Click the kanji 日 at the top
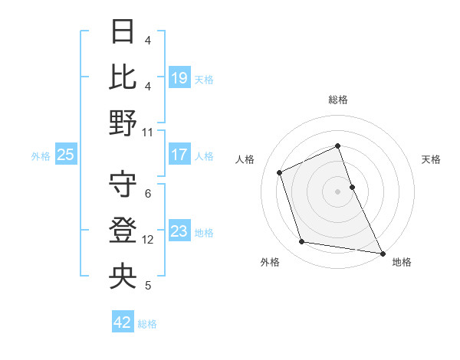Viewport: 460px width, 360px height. (x=123, y=33)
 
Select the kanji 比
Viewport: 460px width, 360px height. (x=123, y=77)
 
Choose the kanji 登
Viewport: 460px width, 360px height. (x=123, y=231)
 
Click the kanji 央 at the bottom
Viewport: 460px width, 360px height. (x=123, y=276)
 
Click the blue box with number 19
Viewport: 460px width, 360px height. (x=179, y=77)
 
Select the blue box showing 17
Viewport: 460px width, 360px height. (x=179, y=155)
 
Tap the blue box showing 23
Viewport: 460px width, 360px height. (x=179, y=232)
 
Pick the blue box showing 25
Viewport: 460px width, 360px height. (x=65, y=155)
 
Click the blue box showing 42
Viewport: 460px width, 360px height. (x=123, y=322)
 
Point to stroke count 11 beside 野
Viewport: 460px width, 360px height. (x=148, y=132)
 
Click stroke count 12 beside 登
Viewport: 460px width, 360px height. (x=148, y=240)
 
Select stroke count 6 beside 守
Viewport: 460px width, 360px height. (x=148, y=194)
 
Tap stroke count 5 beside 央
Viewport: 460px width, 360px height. (x=148, y=286)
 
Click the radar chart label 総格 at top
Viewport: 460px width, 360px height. (x=338, y=100)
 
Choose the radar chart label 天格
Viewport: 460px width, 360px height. (x=431, y=159)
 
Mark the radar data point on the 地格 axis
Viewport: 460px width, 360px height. (x=382, y=252)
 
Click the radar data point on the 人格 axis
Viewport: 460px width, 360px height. (x=281, y=172)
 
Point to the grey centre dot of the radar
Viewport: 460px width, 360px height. (x=338, y=191)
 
